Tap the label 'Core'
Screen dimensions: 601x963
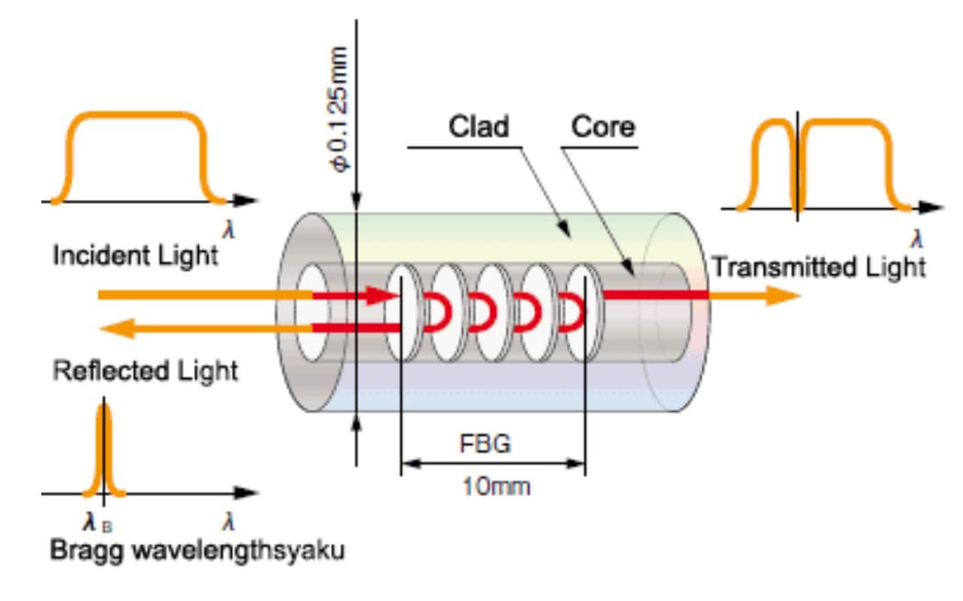click(x=603, y=128)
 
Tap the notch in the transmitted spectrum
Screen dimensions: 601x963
click(x=798, y=165)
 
